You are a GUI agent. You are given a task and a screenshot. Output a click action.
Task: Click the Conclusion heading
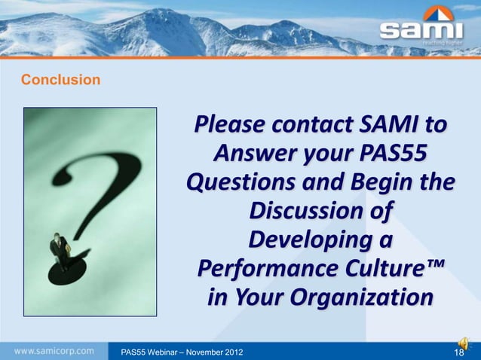60,79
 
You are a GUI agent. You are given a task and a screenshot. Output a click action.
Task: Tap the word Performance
268,270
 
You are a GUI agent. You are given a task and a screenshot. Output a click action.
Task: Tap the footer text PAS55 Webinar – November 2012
176,352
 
